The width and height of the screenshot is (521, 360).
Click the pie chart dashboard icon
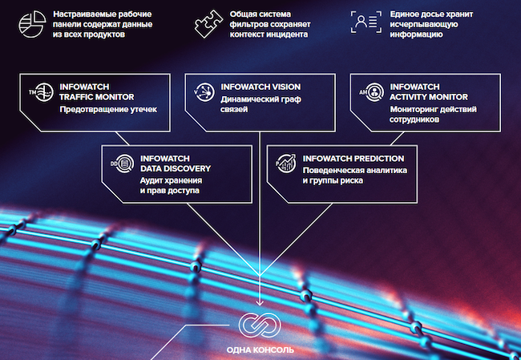[x=32, y=24]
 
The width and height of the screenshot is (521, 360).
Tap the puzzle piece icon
[x=208, y=23]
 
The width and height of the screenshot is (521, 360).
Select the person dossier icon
[x=366, y=22]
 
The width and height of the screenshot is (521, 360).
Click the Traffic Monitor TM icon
[x=41, y=92]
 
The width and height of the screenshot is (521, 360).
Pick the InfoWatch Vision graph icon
[x=204, y=92]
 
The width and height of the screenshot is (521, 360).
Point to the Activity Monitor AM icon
[x=372, y=92]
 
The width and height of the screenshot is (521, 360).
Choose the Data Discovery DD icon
[x=123, y=164]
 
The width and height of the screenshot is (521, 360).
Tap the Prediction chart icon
[x=286, y=164]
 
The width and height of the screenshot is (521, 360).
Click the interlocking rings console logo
[x=260, y=325]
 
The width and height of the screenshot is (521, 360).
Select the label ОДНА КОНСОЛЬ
[x=260, y=350]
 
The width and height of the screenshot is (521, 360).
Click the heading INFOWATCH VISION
[x=260, y=87]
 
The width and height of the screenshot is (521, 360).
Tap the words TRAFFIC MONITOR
[x=97, y=97]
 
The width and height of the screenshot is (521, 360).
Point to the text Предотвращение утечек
[x=108, y=109]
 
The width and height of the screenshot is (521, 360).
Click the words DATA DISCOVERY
[x=176, y=168]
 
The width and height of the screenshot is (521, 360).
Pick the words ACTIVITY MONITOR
[x=429, y=97]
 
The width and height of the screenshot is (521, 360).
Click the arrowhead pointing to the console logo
[x=260, y=302]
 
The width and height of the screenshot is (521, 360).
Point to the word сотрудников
[x=414, y=119]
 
